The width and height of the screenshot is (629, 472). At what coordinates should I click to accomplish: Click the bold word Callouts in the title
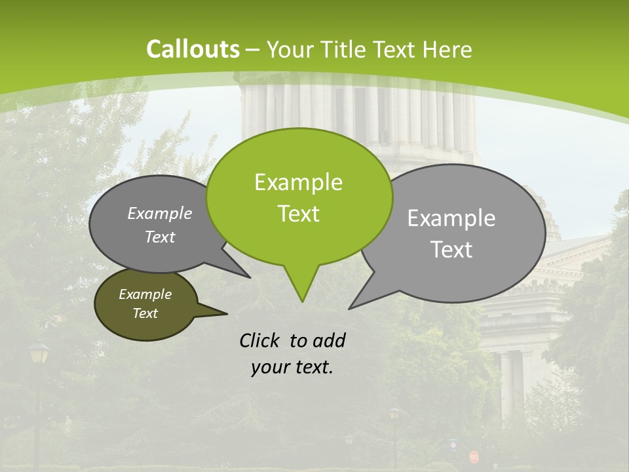coord(193,49)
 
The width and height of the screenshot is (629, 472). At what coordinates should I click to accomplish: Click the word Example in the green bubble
coord(298,182)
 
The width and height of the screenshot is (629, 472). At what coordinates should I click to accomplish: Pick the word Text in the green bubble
coord(298,214)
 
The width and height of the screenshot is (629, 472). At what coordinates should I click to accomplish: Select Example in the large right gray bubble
coord(451,218)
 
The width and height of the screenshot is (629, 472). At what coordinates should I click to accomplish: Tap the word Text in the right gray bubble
coord(451,250)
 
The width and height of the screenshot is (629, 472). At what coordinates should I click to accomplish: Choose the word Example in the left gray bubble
coord(159,214)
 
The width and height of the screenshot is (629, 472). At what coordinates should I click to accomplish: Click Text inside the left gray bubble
coord(159,237)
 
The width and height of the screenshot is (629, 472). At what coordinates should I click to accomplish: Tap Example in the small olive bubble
coord(145,294)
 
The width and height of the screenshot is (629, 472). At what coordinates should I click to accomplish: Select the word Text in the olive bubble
coord(145,313)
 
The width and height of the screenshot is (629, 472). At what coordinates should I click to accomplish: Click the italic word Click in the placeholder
coord(260,340)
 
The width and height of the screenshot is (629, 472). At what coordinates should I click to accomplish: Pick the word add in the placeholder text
coord(329,340)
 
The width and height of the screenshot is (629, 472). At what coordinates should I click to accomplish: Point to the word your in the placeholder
coord(269,368)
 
